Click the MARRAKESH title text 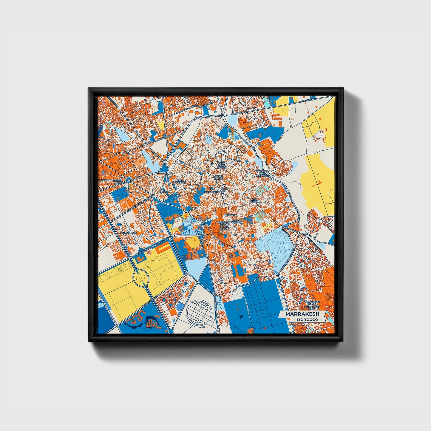click(302, 314)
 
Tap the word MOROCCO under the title click(308, 319)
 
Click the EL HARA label click(164, 191)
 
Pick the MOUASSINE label click(212, 192)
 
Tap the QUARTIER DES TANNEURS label click(262, 173)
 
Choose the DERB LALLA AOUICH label click(221, 166)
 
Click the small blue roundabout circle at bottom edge click(171, 331)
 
